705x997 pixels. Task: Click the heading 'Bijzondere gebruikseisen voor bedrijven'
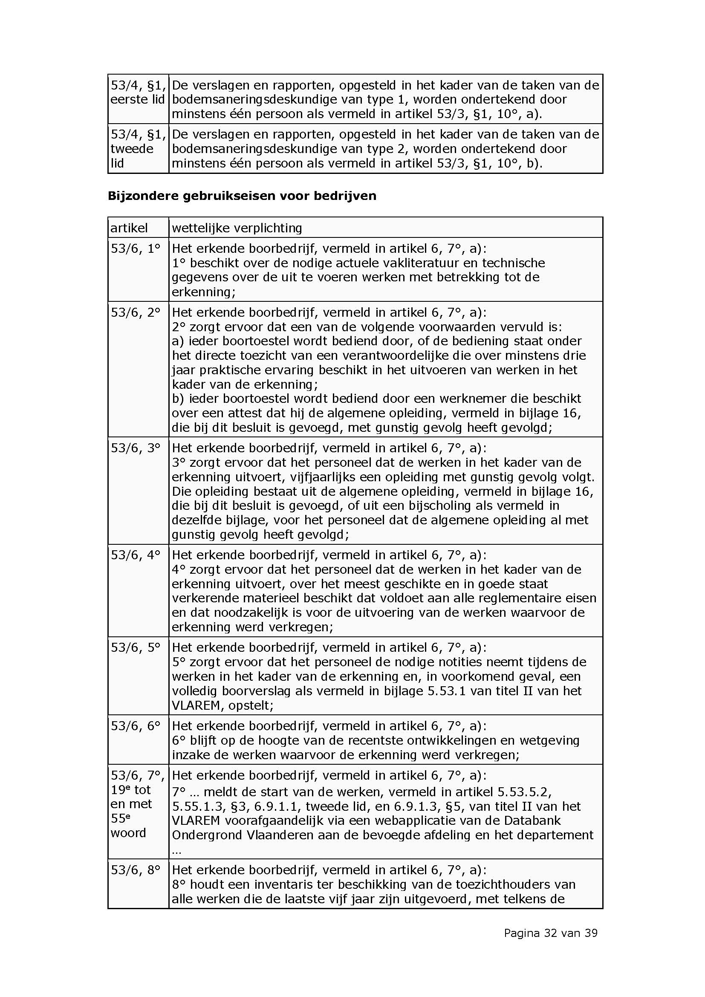coord(242,196)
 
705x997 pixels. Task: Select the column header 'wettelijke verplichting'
coord(237,228)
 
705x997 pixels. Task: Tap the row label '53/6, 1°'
coord(136,249)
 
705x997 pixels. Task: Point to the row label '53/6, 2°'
coord(136,312)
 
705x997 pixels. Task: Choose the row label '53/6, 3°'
coord(136,448)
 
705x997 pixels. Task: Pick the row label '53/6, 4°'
coord(136,555)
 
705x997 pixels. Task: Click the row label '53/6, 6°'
coord(136,725)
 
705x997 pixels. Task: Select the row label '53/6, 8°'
coord(136,870)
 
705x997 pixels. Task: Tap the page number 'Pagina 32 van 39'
coord(550,933)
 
